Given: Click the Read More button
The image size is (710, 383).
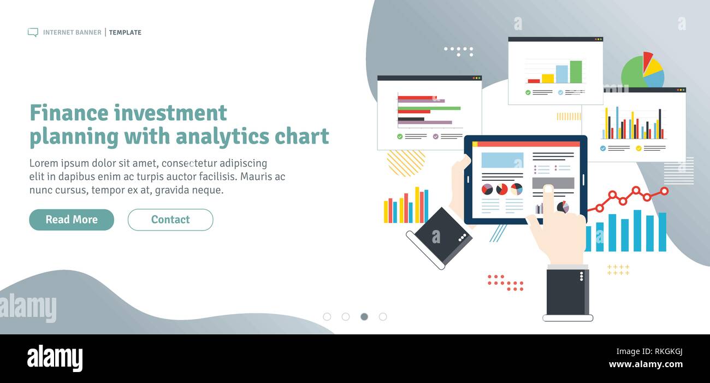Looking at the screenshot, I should coord(72,220).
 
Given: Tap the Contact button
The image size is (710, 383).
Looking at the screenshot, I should coord(170,220).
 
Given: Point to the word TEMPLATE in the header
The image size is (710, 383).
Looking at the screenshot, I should coord(125,32).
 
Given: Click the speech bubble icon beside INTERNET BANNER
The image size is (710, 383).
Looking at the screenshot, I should coord(33,32).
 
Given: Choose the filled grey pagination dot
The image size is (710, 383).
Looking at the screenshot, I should coord(364,316).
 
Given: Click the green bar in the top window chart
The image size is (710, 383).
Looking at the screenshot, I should coord(576,72).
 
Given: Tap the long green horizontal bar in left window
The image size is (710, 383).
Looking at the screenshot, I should coord(429,108).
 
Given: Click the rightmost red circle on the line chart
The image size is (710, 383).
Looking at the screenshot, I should coord(664,191).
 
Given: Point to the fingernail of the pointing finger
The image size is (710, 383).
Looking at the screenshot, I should coord(548,190).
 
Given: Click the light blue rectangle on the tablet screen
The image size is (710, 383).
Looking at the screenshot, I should coord(502,160).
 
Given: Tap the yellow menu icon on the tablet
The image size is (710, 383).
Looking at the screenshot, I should coord(475,144).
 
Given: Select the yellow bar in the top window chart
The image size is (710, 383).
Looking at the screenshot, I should coord(547,78).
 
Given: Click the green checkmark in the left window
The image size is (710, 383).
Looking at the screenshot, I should coord(400,137).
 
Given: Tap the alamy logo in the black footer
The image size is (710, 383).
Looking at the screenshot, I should coord(55,358).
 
